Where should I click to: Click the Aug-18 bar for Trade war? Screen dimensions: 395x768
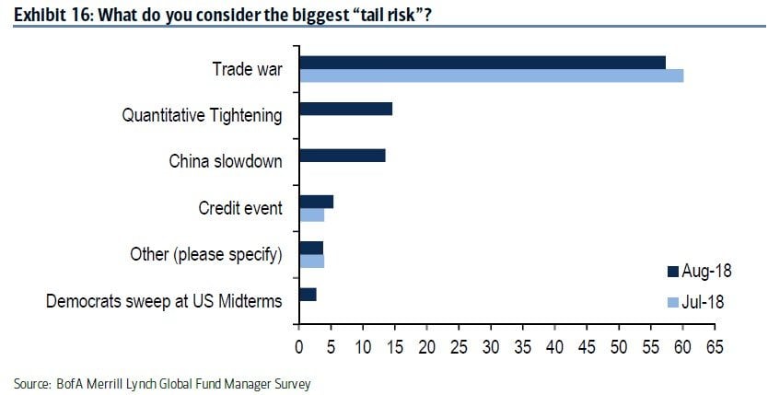pos(482,62)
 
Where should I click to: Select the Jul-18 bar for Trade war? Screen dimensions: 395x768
pos(491,76)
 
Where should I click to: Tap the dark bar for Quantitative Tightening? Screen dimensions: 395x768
pos(345,109)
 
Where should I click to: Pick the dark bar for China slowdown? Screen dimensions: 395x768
pos(342,155)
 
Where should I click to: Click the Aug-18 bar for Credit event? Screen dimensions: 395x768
pos(316,202)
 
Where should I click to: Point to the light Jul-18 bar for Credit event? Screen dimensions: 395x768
pos(311,215)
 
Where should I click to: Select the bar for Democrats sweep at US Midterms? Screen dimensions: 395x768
pos(308,294)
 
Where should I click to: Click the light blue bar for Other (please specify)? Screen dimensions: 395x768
pos(311,261)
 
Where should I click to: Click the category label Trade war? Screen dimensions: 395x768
pos(247,69)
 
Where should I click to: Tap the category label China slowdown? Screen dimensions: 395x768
pos(226,161)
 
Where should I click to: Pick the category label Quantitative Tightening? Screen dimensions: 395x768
pos(203,115)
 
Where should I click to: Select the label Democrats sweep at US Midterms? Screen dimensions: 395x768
pos(164,300)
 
